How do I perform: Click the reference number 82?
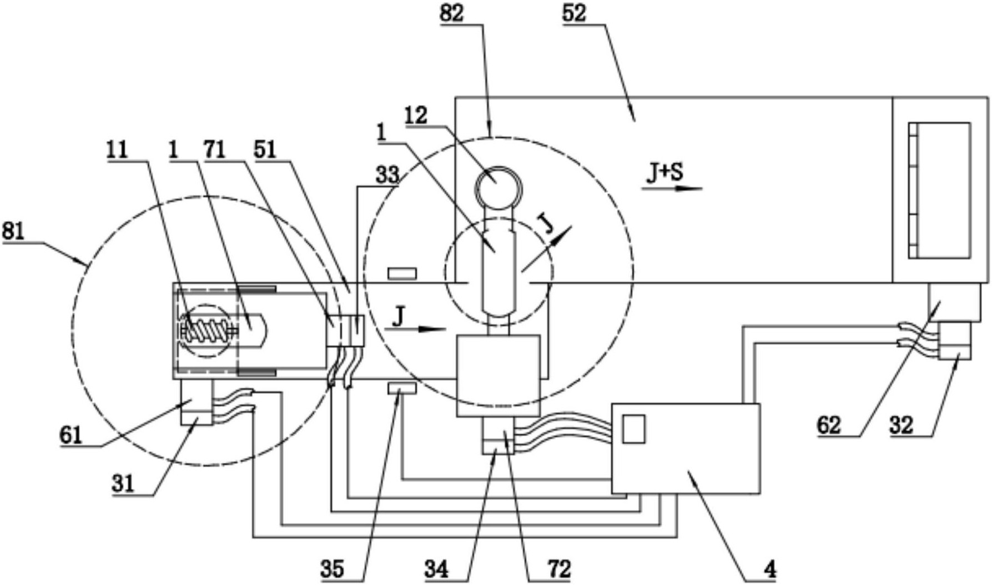coord(451,13)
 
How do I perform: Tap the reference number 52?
coord(573,13)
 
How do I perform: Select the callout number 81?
coord(13,231)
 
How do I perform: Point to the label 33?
coord(387,176)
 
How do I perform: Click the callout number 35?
coord(332,569)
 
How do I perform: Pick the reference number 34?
coord(437,569)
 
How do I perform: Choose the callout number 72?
coord(559,569)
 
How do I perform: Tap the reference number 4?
coord(770,570)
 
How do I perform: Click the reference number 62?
coord(829,426)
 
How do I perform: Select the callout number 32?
coord(901,426)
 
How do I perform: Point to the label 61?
coord(71,434)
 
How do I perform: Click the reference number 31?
coord(123,483)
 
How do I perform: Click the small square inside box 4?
coord(633,429)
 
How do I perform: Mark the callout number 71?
coord(215,150)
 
